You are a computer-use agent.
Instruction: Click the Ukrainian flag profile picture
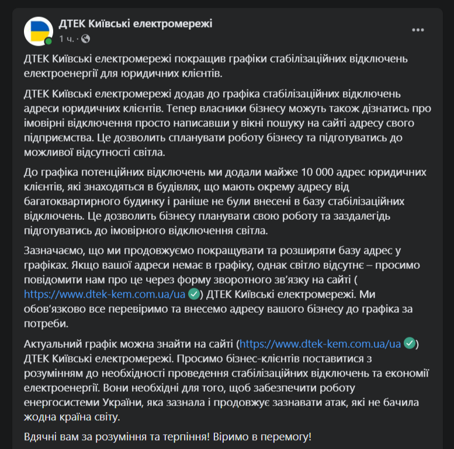(38, 31)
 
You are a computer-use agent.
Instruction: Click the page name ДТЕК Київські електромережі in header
(136, 23)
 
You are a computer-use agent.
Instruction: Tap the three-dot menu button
(418, 30)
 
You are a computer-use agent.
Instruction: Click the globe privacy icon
(86, 39)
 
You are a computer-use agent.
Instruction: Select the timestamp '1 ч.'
(66, 39)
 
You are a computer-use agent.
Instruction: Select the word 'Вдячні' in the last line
(41, 436)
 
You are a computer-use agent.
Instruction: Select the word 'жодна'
(40, 417)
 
